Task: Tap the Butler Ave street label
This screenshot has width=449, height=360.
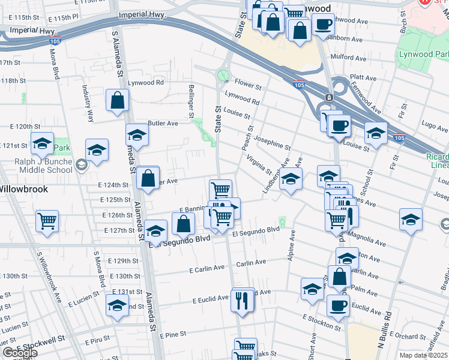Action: coord(163,123)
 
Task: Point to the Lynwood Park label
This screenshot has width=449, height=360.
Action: coord(424,55)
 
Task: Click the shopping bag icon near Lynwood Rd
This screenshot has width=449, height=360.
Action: coord(117,100)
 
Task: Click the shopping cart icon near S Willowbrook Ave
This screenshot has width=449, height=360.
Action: coord(47,221)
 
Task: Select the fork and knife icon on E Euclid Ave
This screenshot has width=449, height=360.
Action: coord(243,299)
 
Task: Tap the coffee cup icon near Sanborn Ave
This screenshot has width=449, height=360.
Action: coord(323,25)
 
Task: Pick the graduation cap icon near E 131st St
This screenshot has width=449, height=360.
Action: coord(117,305)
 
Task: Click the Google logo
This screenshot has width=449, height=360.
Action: coord(20,353)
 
